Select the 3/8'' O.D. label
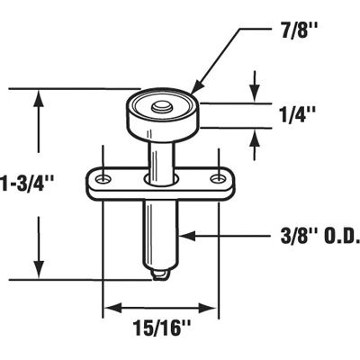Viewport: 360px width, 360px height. click(x=310, y=238)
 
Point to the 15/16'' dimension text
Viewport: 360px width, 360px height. click(x=163, y=328)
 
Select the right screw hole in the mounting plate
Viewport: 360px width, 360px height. click(x=216, y=178)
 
